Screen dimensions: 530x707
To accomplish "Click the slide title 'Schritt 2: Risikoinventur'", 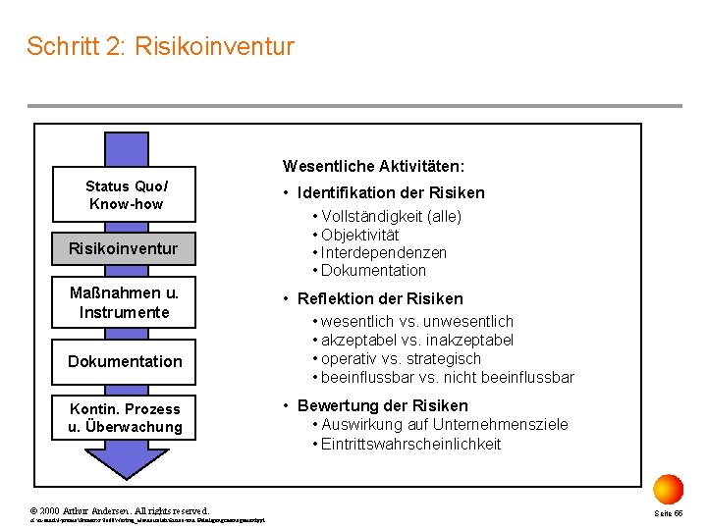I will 160,46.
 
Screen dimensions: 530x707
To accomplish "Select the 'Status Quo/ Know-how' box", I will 126,195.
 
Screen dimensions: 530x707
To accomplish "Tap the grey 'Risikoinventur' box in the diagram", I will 123,248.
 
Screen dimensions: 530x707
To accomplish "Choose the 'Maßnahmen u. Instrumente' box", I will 125,302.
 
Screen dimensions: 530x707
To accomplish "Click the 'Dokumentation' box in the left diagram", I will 125,361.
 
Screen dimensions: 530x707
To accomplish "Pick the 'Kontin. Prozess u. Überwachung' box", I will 125,418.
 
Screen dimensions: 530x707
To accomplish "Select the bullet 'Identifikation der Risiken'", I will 391,193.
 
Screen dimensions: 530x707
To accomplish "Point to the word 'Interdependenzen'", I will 384,252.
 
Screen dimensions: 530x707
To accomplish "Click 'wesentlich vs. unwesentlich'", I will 417,321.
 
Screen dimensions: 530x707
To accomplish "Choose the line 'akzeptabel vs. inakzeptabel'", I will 417,340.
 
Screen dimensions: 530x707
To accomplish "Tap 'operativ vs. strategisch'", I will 401,358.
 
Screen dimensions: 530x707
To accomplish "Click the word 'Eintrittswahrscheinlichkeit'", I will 410,444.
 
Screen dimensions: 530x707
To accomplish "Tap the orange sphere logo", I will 668,488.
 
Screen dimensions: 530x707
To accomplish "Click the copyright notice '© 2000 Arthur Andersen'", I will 120,510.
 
